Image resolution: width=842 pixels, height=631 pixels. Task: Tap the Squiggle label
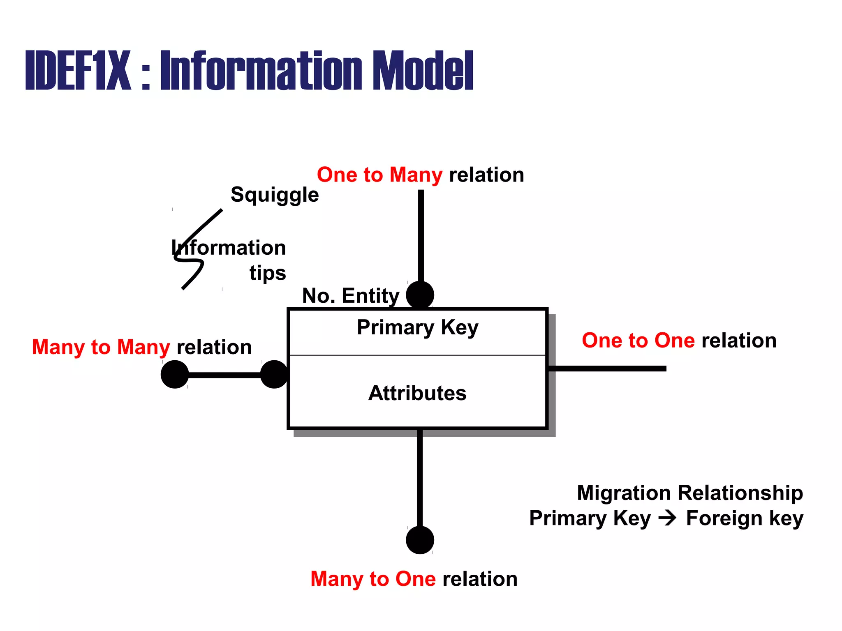[274, 194]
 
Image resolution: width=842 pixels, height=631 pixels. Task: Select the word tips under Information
[267, 273]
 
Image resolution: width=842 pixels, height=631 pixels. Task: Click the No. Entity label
[350, 296]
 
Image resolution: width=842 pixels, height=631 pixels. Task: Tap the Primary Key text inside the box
[417, 327]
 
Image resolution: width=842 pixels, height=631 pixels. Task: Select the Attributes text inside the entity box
[417, 393]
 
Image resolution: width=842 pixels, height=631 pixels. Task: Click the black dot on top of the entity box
[420, 295]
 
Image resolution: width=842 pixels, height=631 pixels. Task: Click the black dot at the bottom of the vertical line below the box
[420, 540]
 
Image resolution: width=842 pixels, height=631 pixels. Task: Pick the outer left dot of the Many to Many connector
[175, 374]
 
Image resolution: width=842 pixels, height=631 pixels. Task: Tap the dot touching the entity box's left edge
[274, 374]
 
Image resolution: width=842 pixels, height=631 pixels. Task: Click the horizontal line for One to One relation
[608, 368]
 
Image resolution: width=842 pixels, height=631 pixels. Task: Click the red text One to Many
[379, 175]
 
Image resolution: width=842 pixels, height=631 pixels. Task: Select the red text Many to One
[373, 579]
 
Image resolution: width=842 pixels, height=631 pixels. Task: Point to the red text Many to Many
[101, 347]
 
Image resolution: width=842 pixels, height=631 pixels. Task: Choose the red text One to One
[638, 341]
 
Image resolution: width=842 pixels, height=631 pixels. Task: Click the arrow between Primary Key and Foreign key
[667, 518]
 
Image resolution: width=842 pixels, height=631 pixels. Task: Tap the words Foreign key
[744, 518]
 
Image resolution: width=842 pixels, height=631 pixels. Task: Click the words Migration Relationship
[689, 493]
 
